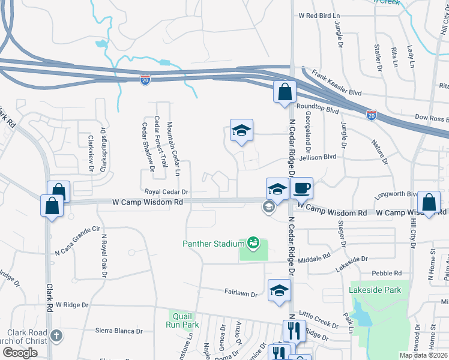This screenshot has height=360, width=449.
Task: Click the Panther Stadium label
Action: pyautogui.click(x=213, y=243)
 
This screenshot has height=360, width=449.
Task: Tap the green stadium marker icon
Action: pyautogui.click(x=253, y=242)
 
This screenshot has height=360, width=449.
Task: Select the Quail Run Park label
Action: pyautogui.click(x=182, y=320)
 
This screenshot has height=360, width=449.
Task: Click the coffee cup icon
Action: pyautogui.click(x=301, y=188)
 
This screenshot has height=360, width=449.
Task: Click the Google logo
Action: pyautogui.click(x=20, y=353)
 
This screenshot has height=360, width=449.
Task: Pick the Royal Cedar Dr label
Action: pyautogui.click(x=167, y=192)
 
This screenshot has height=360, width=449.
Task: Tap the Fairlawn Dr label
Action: pyautogui.click(x=241, y=295)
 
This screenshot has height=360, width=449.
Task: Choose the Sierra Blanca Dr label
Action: pyautogui.click(x=119, y=331)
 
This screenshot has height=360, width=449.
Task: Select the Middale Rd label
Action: pyautogui.click(x=318, y=256)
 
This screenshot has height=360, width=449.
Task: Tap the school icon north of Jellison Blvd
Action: pyautogui.click(x=241, y=130)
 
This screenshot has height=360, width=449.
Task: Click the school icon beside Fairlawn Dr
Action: pyautogui.click(x=279, y=291)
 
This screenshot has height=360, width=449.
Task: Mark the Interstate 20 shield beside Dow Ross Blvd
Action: pyautogui.click(x=372, y=115)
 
